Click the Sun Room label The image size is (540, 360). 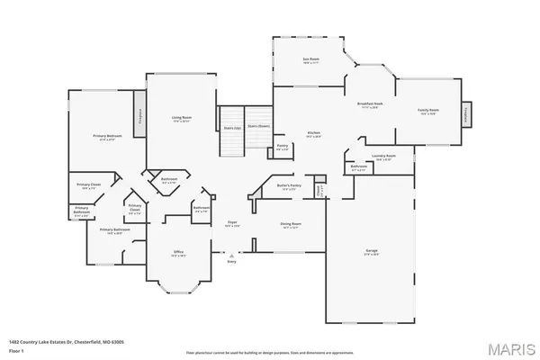pyautogui.click(x=311, y=61)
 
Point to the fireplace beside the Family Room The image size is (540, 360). pyautogui.click(x=465, y=114)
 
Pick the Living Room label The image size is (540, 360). pyautogui.click(x=182, y=118)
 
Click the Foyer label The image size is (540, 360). pyautogui.click(x=231, y=224)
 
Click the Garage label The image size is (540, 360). pyautogui.click(x=371, y=253)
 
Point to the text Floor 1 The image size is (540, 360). pyautogui.click(x=15, y=349)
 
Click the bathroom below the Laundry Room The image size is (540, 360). pyautogui.click(x=358, y=167)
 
